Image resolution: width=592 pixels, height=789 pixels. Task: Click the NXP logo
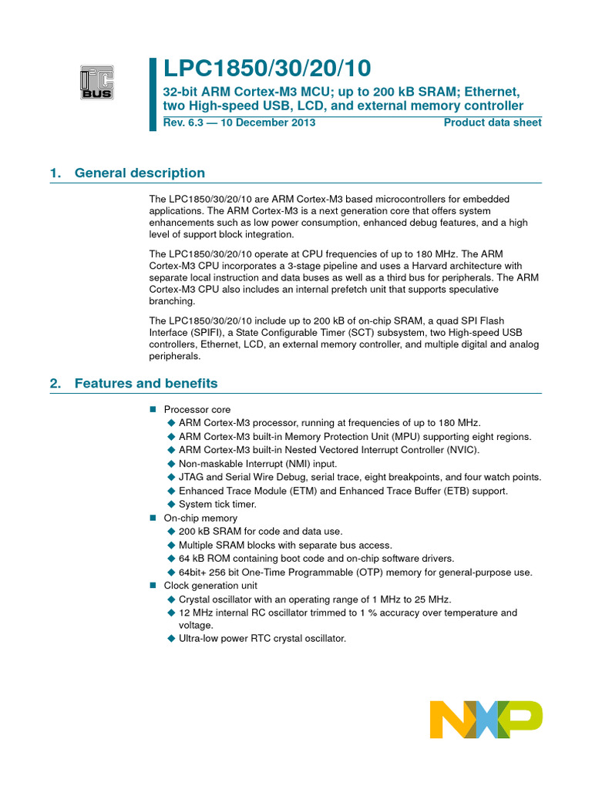click(486, 719)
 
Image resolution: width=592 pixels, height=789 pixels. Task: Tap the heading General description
click(140, 173)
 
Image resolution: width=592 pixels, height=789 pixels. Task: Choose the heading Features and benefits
click(146, 384)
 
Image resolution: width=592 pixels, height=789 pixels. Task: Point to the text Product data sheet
click(493, 123)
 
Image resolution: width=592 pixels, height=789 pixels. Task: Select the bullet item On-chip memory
click(200, 518)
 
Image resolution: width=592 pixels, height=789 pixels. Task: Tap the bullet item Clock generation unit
click(210, 586)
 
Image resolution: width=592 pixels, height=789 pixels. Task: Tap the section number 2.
click(54, 384)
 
